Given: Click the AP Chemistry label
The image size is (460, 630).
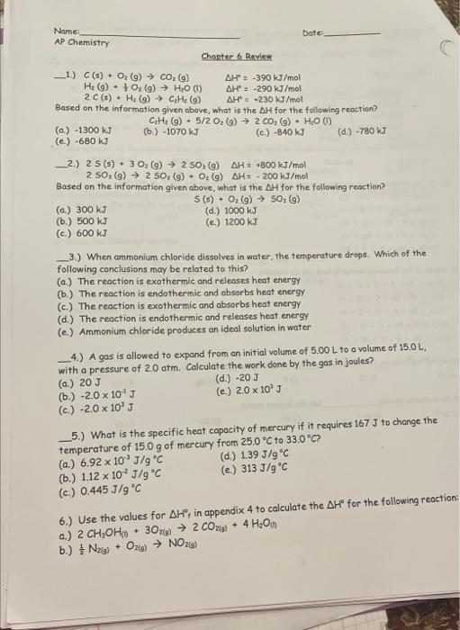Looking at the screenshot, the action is tap(82, 41).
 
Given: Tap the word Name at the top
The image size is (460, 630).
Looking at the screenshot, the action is tap(66, 31).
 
